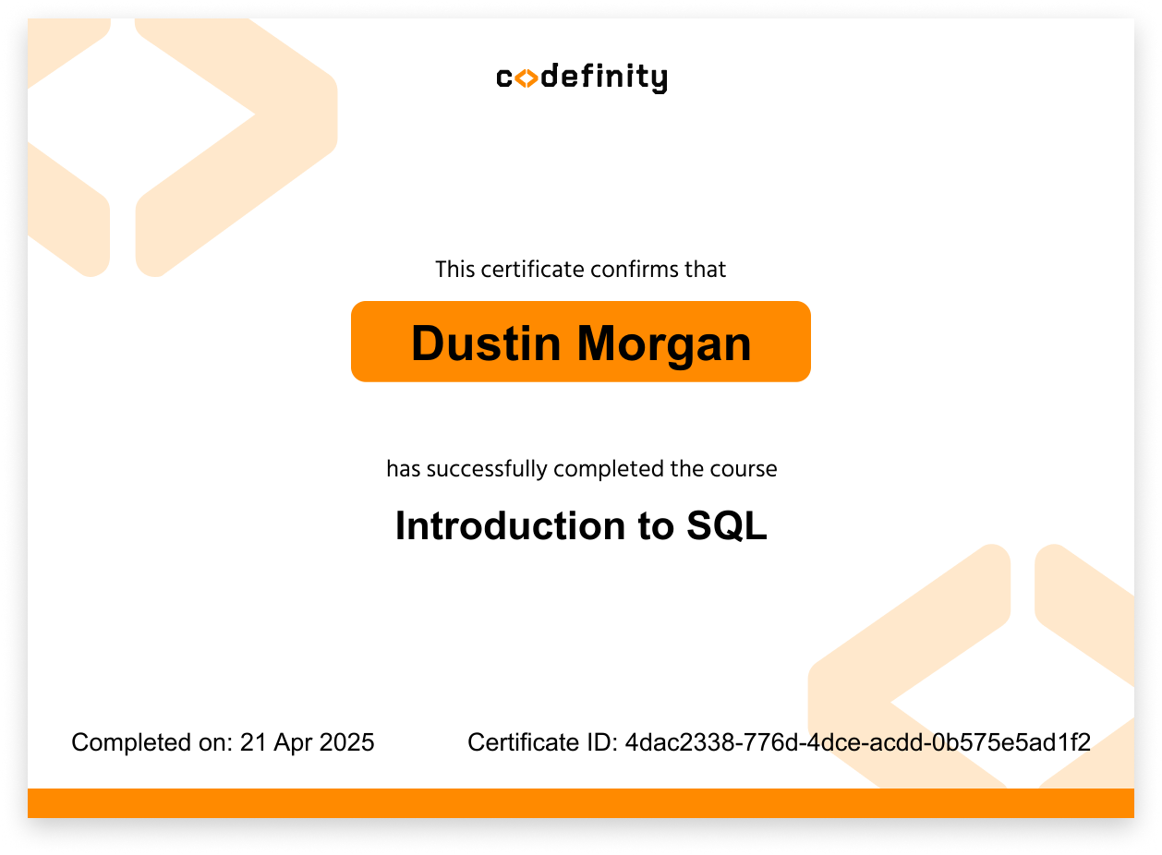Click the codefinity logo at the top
click(x=581, y=78)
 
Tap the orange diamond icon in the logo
click(x=526, y=79)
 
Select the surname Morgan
click(x=664, y=343)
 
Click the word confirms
click(x=628, y=270)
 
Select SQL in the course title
click(x=728, y=526)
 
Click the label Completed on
click(x=151, y=742)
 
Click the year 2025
click(x=346, y=742)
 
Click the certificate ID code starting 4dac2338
click(x=858, y=742)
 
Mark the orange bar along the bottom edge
click(x=581, y=802)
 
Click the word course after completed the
click(x=744, y=469)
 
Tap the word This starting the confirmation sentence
click(x=454, y=270)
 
